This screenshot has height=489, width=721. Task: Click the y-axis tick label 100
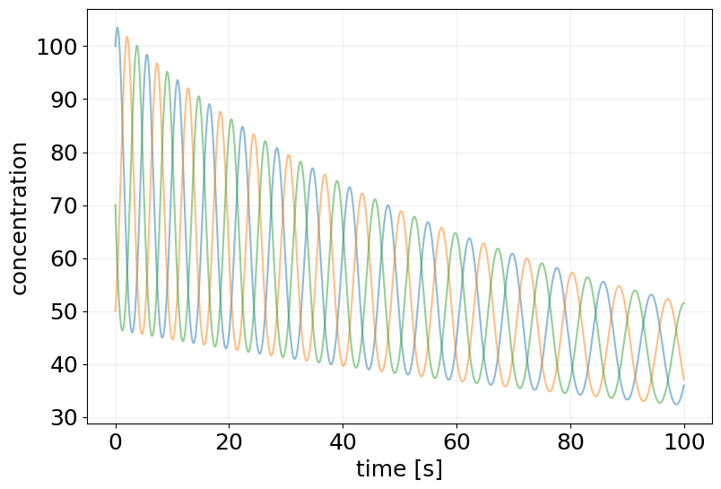click(x=57, y=47)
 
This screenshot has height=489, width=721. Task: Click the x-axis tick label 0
click(x=116, y=442)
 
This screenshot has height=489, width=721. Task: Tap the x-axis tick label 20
click(x=229, y=442)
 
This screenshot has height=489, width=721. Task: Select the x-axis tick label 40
click(x=343, y=442)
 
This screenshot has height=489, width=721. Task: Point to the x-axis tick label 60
click(x=456, y=442)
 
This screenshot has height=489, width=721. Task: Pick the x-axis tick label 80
click(x=570, y=442)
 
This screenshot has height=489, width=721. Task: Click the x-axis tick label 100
click(x=683, y=442)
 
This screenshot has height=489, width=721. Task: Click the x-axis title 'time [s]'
click(x=399, y=468)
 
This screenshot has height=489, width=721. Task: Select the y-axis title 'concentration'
click(x=20, y=217)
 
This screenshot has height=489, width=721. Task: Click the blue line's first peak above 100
click(x=117, y=28)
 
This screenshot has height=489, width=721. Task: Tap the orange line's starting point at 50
click(x=116, y=310)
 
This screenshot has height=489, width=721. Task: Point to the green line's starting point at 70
click(x=116, y=205)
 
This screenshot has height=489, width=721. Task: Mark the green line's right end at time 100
click(x=683, y=303)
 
